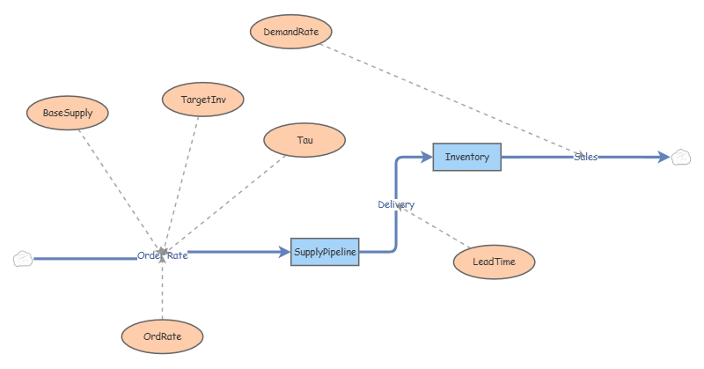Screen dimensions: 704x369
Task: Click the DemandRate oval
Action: click(x=291, y=32)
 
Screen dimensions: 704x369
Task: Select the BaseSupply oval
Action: click(x=68, y=113)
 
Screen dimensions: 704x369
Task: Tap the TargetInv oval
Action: click(x=203, y=100)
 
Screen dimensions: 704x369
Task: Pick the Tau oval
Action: click(x=304, y=140)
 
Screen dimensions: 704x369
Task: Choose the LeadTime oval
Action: click(x=494, y=262)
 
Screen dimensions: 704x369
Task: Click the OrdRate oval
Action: click(x=162, y=336)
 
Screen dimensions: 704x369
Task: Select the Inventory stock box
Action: click(x=467, y=157)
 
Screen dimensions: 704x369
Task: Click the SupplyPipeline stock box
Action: click(x=325, y=252)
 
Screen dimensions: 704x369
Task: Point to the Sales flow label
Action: click(x=585, y=157)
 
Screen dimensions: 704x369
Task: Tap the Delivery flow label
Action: click(x=396, y=204)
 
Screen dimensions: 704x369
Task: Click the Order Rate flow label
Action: click(x=163, y=255)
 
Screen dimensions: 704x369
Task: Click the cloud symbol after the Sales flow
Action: click(x=681, y=158)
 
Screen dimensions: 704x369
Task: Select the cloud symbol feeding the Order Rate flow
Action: click(x=23, y=259)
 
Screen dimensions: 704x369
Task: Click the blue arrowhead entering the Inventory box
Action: click(x=427, y=157)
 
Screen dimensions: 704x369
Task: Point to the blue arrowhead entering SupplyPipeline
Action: click(x=284, y=252)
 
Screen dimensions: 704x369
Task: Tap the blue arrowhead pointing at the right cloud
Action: click(x=664, y=157)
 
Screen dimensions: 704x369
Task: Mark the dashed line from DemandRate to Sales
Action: click(x=452, y=100)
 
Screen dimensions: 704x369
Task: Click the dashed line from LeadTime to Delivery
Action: click(x=434, y=227)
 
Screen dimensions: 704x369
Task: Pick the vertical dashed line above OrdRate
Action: click(x=162, y=286)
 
